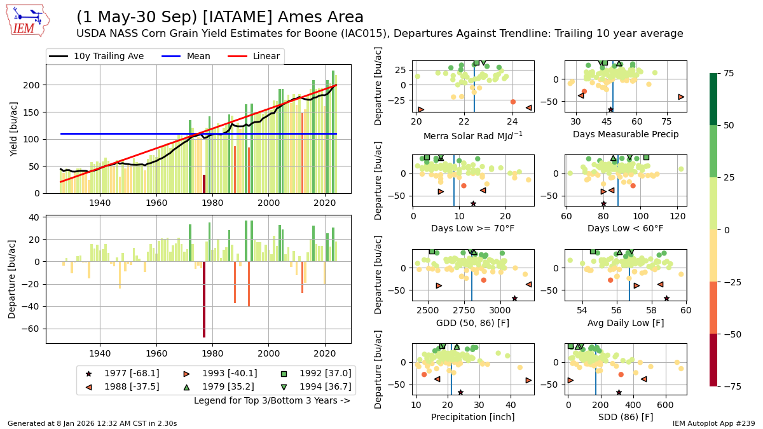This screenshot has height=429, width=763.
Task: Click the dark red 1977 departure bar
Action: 204,299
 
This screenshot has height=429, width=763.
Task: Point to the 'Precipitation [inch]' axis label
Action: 472,417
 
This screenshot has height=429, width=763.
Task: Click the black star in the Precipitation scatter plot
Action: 460,392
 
